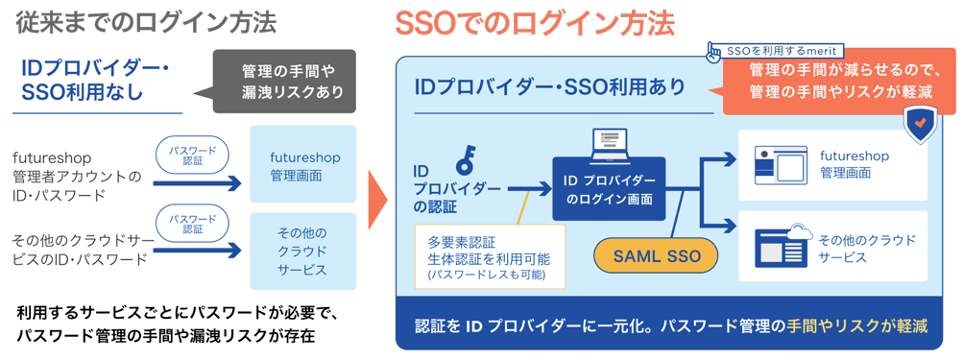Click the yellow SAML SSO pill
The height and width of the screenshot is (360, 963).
pos(657,256)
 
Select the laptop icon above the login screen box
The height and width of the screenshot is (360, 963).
pos(610,146)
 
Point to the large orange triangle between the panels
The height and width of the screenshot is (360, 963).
pos(376,200)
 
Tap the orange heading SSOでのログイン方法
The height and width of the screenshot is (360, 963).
pos(535,23)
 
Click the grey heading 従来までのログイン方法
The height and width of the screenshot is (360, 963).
pos(146,23)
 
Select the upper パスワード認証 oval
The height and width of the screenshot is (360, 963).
pos(192,155)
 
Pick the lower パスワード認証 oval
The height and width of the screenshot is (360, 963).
pos(192,223)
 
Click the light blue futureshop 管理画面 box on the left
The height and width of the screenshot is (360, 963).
pos(302,164)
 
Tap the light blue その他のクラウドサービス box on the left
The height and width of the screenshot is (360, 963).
pos(302,252)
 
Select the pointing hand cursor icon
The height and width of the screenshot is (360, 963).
pos(713,52)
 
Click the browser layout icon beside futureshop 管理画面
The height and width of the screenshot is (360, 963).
pos(781,165)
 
